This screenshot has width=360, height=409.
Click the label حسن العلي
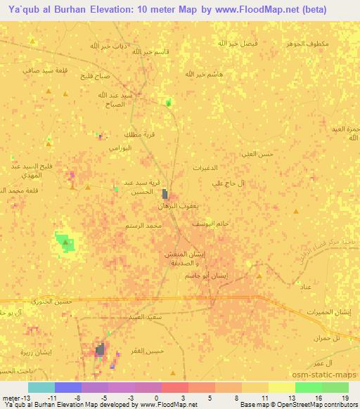point(257,153)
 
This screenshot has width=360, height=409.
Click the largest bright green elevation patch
point(65,242)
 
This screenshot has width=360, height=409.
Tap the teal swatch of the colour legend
point(41,387)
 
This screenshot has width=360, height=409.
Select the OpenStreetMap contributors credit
point(314,404)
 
